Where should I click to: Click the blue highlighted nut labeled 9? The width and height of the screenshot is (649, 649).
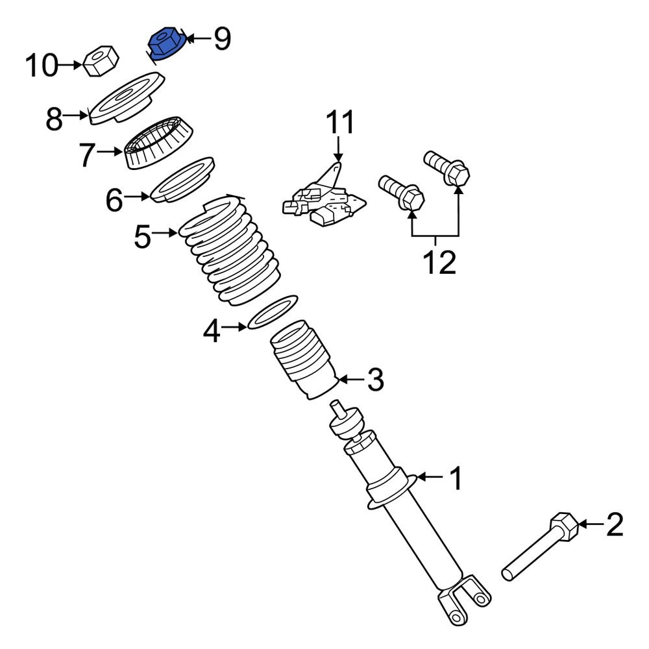[166, 44]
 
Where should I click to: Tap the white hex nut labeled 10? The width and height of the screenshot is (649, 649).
[100, 62]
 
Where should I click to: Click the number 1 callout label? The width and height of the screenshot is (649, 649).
[456, 479]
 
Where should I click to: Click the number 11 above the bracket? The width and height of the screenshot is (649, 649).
[341, 123]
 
